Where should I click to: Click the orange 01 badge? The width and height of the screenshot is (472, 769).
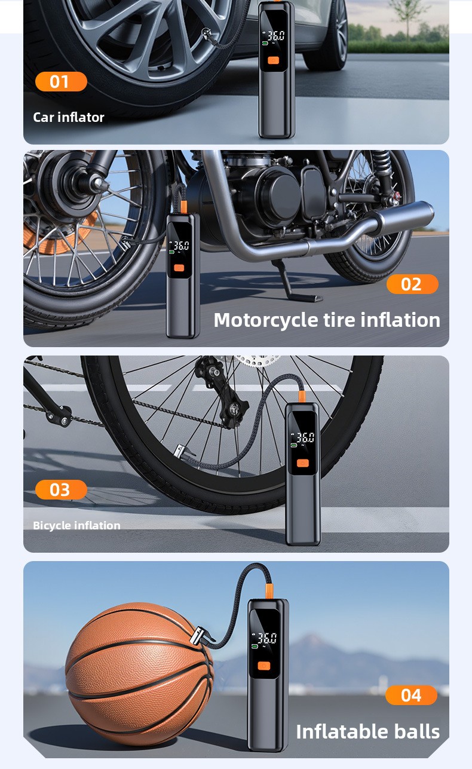click(61, 82)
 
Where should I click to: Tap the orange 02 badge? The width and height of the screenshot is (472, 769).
click(412, 284)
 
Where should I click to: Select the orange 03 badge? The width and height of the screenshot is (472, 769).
click(61, 489)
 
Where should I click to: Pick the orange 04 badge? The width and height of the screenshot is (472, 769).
click(411, 695)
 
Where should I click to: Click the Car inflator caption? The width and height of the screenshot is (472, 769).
click(69, 117)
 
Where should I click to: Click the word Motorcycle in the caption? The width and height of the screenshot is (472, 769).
click(266, 321)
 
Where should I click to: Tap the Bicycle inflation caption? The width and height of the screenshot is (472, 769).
click(76, 525)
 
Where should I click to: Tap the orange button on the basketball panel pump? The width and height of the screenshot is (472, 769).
click(264, 666)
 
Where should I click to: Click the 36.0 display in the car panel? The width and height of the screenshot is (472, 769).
click(275, 36)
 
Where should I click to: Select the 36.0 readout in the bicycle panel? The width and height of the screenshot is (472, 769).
click(305, 437)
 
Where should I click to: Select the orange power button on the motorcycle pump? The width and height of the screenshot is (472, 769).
click(179, 268)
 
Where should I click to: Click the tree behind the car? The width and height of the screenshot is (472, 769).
click(408, 17)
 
